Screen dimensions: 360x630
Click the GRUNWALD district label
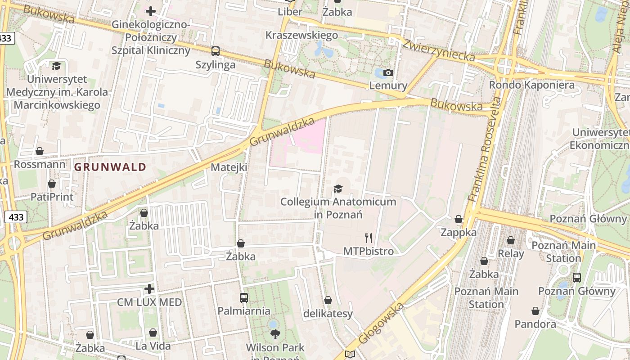pos(110,167)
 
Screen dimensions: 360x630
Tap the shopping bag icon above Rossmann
pos(40,151)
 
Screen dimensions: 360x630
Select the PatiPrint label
pos(52,197)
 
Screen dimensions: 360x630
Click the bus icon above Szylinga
pos(216,51)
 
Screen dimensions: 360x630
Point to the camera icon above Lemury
pos(388,72)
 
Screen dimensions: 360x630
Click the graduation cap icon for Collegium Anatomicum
pos(338,189)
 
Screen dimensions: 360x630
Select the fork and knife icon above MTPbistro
pos(369,238)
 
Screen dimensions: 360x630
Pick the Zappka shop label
pos(459,232)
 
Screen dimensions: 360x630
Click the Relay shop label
pos(511,253)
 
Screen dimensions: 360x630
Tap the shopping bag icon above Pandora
pos(535,311)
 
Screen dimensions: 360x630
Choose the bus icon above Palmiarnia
pos(243,297)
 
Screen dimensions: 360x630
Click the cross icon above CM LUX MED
pos(149,288)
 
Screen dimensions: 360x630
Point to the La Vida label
pos(153,346)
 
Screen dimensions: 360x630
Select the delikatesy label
pos(328,313)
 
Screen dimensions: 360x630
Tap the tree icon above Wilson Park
pos(275,334)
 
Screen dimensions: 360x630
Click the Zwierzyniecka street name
pos(438,50)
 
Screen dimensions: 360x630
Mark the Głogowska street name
pos(381,323)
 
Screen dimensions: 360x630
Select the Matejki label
pos(229,167)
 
